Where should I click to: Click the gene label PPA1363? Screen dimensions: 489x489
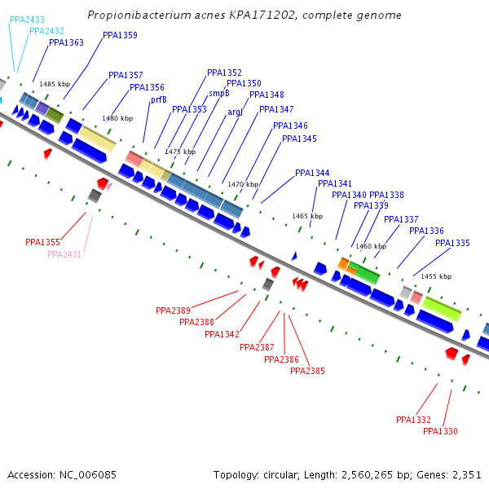click(x=66, y=42)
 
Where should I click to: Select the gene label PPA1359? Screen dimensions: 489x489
click(x=120, y=35)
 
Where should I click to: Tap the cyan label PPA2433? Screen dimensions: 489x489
click(x=27, y=19)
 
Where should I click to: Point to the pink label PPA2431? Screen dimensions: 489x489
click(x=64, y=254)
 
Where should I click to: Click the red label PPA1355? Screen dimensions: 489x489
click(x=42, y=242)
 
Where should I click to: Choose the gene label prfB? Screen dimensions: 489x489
click(x=158, y=99)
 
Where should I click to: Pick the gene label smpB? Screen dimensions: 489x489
click(x=219, y=93)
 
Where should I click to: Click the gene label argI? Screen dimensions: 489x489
click(x=235, y=112)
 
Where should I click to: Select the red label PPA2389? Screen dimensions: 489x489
click(x=173, y=311)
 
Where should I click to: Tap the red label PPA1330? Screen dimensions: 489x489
click(x=440, y=431)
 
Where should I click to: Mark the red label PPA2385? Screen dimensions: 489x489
click(x=307, y=371)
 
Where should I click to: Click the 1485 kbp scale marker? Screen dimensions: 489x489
click(x=55, y=84)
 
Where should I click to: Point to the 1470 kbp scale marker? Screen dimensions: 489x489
click(x=242, y=184)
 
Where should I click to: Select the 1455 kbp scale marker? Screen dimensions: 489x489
click(x=436, y=276)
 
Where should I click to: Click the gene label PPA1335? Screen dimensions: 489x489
click(x=452, y=243)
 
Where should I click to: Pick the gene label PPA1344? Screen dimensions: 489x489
click(x=312, y=173)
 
